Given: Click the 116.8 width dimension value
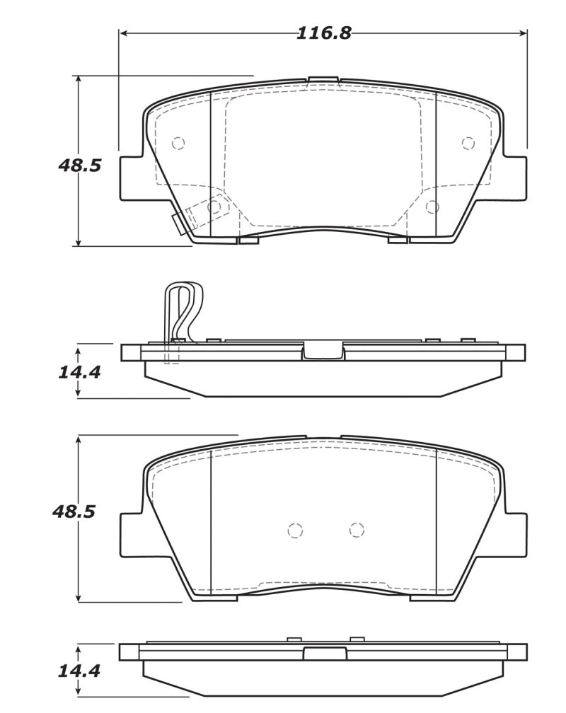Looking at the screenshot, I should (323, 33).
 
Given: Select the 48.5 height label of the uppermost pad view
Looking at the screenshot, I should (79, 166).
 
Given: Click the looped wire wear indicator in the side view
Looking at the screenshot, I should (183, 311).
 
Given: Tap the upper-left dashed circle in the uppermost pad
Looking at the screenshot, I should (178, 144).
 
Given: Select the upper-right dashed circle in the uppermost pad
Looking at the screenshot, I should (467, 144).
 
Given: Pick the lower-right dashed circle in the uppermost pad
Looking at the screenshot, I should (432, 207).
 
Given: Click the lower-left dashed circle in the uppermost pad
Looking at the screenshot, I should (214, 207).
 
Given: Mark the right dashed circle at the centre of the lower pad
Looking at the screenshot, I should (356, 530).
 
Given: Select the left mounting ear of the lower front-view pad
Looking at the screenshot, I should (132, 533).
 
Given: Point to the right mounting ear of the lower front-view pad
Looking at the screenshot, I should (514, 533).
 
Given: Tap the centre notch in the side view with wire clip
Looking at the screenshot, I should (323, 351).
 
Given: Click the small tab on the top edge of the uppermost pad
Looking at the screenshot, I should (323, 79).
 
